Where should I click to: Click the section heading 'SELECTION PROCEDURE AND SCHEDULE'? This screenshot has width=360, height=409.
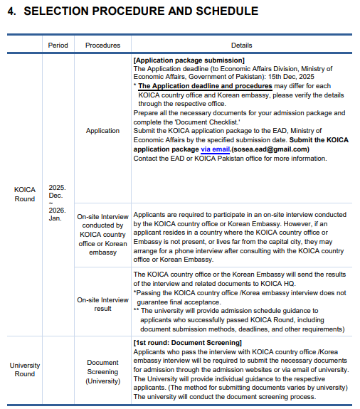(x=141, y=12)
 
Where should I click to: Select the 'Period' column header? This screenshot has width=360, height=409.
(x=58, y=45)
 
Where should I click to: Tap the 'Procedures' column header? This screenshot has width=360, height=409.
(x=102, y=45)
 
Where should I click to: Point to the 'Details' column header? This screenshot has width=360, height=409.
(x=241, y=45)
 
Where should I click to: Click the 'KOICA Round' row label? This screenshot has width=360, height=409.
(x=25, y=194)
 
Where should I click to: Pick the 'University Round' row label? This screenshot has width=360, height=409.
(x=25, y=370)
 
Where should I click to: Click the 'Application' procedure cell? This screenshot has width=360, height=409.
(x=102, y=131)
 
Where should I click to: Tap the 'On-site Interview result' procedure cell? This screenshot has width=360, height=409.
(x=102, y=304)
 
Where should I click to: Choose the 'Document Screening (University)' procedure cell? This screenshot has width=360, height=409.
(x=102, y=371)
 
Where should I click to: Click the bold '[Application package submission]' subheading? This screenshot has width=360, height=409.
(x=189, y=60)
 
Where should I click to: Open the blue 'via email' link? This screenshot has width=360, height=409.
(x=215, y=149)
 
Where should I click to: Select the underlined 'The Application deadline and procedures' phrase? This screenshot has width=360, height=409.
(x=205, y=85)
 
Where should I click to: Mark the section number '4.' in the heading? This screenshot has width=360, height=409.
(x=12, y=12)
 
